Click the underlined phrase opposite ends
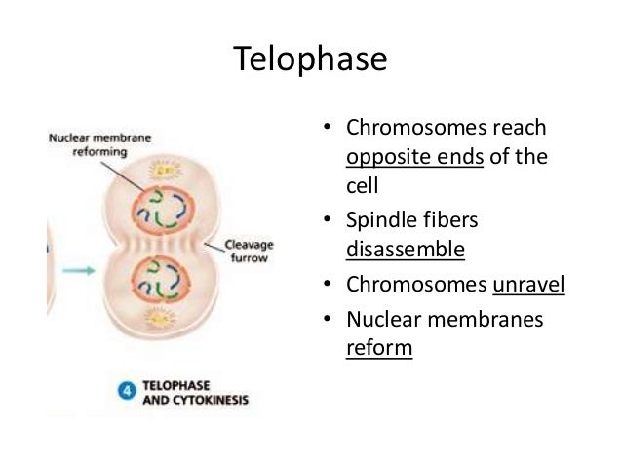point(415,160)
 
